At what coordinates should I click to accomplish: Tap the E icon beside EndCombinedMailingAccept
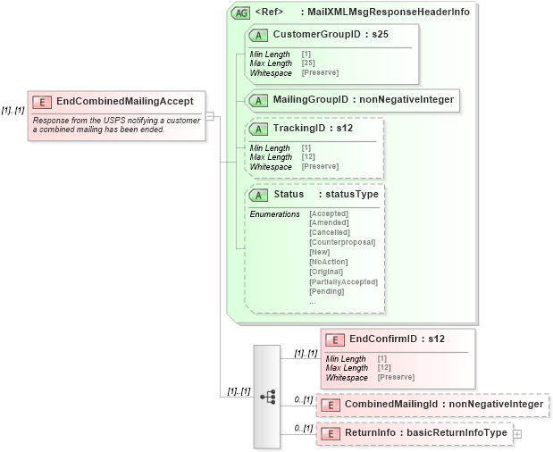point(42,102)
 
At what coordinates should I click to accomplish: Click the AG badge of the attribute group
point(239,13)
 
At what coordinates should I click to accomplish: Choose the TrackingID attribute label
point(299,129)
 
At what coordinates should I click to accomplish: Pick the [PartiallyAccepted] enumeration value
point(343,281)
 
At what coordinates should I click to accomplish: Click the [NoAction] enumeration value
point(328,262)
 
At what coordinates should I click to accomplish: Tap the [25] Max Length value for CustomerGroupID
point(308,63)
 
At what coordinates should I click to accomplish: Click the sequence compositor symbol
point(267,395)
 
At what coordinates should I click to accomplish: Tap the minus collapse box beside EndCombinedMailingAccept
point(210,115)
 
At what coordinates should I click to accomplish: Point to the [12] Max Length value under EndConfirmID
point(384,368)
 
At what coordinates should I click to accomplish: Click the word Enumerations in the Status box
point(274,213)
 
